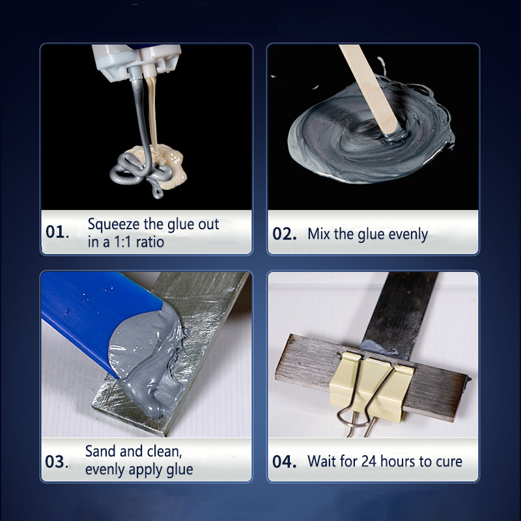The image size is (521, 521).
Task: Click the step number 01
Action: pos(57,232)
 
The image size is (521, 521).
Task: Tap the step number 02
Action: pos(285,234)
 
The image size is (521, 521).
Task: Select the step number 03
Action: pos(57,461)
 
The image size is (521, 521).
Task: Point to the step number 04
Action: pos(285,462)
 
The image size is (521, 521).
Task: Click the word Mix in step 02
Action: pos(319,234)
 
